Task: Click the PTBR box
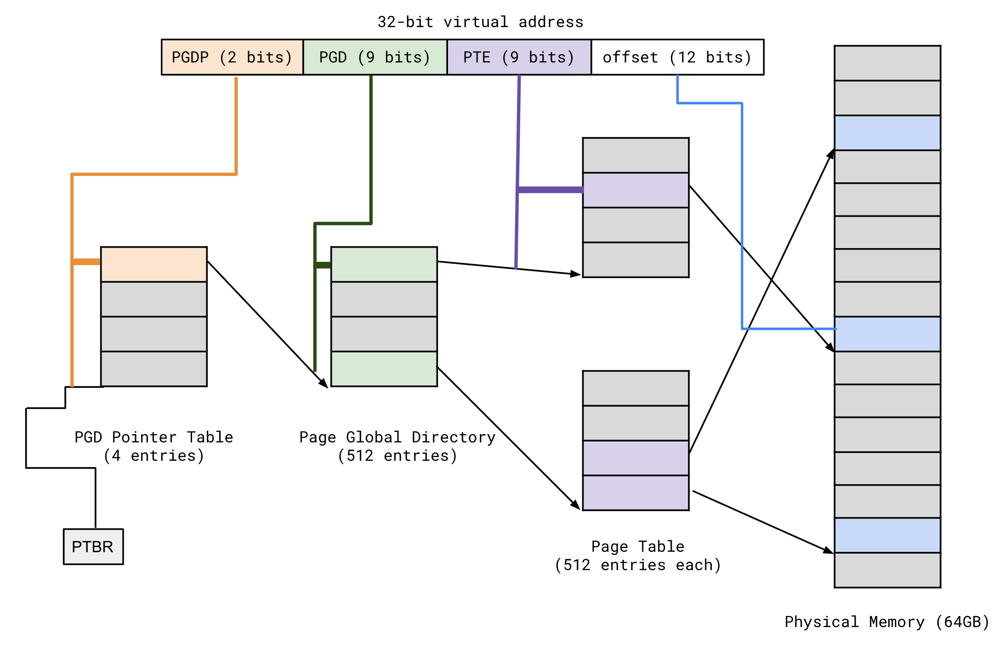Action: tap(93, 546)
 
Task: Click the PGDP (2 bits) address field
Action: tap(232, 57)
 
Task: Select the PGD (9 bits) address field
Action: tap(375, 57)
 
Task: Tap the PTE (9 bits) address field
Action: tap(519, 57)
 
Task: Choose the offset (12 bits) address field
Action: tap(677, 57)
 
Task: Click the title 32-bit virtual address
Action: tap(480, 22)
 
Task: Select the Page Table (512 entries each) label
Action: tap(638, 555)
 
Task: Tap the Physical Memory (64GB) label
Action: tap(887, 622)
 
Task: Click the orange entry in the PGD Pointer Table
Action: tap(154, 264)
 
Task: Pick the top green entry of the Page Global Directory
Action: tap(384, 264)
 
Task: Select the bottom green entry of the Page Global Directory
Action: tap(384, 369)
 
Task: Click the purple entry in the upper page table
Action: tap(636, 190)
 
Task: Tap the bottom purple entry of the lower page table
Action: tap(636, 492)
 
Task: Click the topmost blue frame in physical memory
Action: tap(887, 133)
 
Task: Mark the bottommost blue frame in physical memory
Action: tap(887, 535)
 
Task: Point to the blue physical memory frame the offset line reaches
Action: tap(887, 334)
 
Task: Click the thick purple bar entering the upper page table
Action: tap(550, 190)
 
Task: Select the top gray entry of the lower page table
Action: tap(636, 388)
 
